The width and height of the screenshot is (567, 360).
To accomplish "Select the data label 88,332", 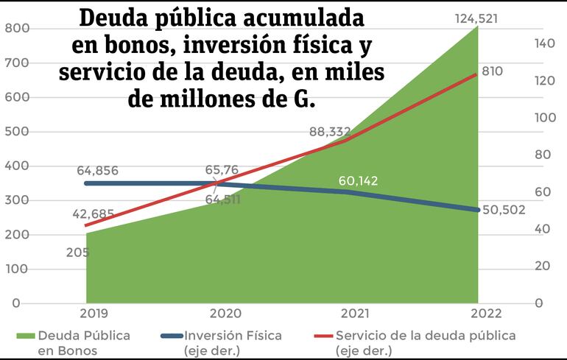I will coord(330,132).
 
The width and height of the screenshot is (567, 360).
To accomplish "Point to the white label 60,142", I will coord(359,180).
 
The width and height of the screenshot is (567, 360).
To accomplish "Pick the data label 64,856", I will coord(97,171).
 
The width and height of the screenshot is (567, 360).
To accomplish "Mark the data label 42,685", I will coord(94,214).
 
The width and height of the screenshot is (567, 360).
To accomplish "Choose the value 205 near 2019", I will coord(76,253).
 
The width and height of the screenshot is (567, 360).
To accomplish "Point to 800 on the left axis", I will coord(15,28).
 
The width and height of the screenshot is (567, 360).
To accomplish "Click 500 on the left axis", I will coord(15,132).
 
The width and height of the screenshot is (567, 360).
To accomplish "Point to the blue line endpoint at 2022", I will coord(477,210).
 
